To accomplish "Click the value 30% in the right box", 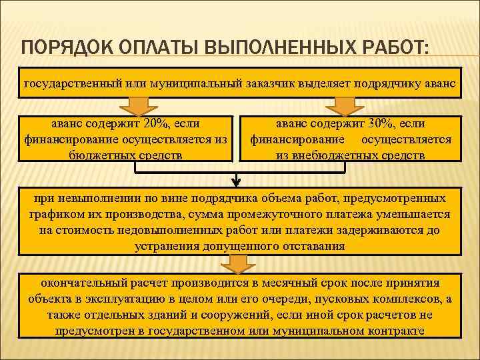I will point(380,124).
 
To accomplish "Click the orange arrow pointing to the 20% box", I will point(138,106).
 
